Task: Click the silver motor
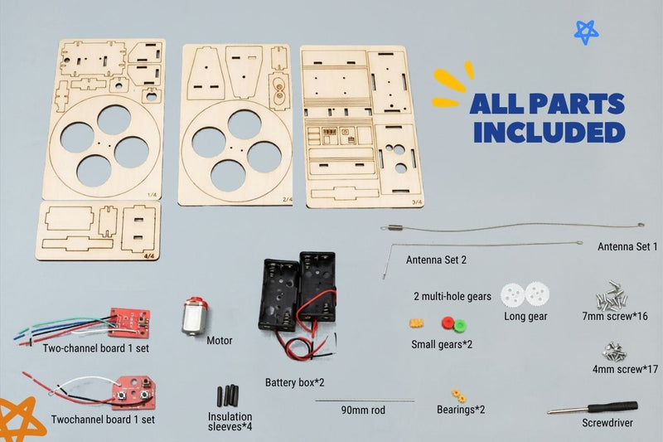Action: tap(195, 317)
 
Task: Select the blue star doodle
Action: tap(587, 32)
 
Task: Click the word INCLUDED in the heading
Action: tap(549, 133)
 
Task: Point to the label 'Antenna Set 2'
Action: tap(436, 260)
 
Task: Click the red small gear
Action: tap(448, 323)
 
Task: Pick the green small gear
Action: tap(460, 326)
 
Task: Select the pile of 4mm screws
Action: tap(614, 352)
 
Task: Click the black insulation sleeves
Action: tap(228, 396)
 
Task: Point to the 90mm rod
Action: tap(365, 401)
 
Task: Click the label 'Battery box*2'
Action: tap(295, 383)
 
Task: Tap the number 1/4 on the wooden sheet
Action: tap(152, 195)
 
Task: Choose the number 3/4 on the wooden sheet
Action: tap(417, 202)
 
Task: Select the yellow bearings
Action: tap(458, 396)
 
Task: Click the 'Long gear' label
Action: tap(525, 317)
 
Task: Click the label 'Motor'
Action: tap(220, 341)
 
